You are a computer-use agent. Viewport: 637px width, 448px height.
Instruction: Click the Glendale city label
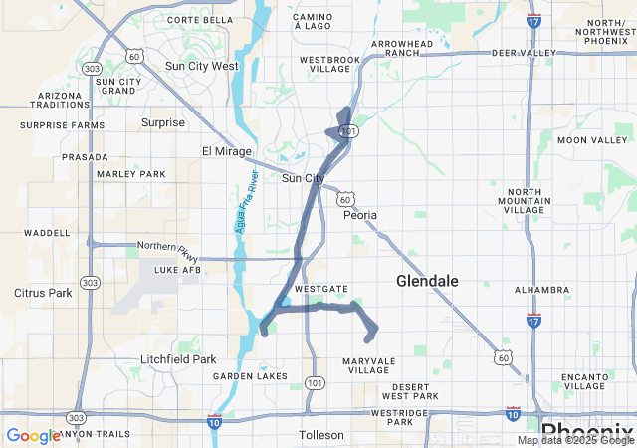(x=427, y=282)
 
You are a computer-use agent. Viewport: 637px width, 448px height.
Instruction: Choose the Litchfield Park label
(x=178, y=359)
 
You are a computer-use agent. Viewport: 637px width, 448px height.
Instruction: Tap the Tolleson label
(x=321, y=435)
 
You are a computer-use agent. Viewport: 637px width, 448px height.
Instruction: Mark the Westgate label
(x=322, y=289)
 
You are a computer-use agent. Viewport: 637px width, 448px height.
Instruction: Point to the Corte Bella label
(x=200, y=20)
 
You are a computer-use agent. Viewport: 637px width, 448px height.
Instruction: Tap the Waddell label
(x=47, y=233)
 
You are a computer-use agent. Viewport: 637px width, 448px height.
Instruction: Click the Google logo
(x=32, y=436)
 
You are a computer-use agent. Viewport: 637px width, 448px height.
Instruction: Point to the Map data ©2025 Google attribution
(x=575, y=440)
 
